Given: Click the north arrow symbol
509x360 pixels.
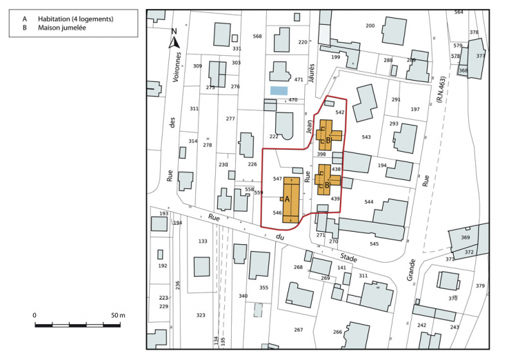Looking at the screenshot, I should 174,39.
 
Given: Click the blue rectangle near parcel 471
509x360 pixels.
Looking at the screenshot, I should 279,90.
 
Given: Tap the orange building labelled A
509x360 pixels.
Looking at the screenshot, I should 292,198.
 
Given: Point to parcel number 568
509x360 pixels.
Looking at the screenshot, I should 257,37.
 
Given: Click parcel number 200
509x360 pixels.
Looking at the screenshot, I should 370,26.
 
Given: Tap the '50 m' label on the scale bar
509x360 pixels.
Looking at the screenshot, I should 117,315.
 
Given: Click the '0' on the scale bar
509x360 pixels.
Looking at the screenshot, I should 34,315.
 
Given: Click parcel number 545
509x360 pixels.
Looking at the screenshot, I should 374,244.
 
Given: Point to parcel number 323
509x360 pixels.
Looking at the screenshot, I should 201,315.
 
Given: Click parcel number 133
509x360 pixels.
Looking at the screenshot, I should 202,241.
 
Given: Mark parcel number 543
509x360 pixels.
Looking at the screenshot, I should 366,137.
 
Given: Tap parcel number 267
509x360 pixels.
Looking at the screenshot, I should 298,330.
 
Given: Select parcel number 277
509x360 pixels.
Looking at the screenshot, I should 230,119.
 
